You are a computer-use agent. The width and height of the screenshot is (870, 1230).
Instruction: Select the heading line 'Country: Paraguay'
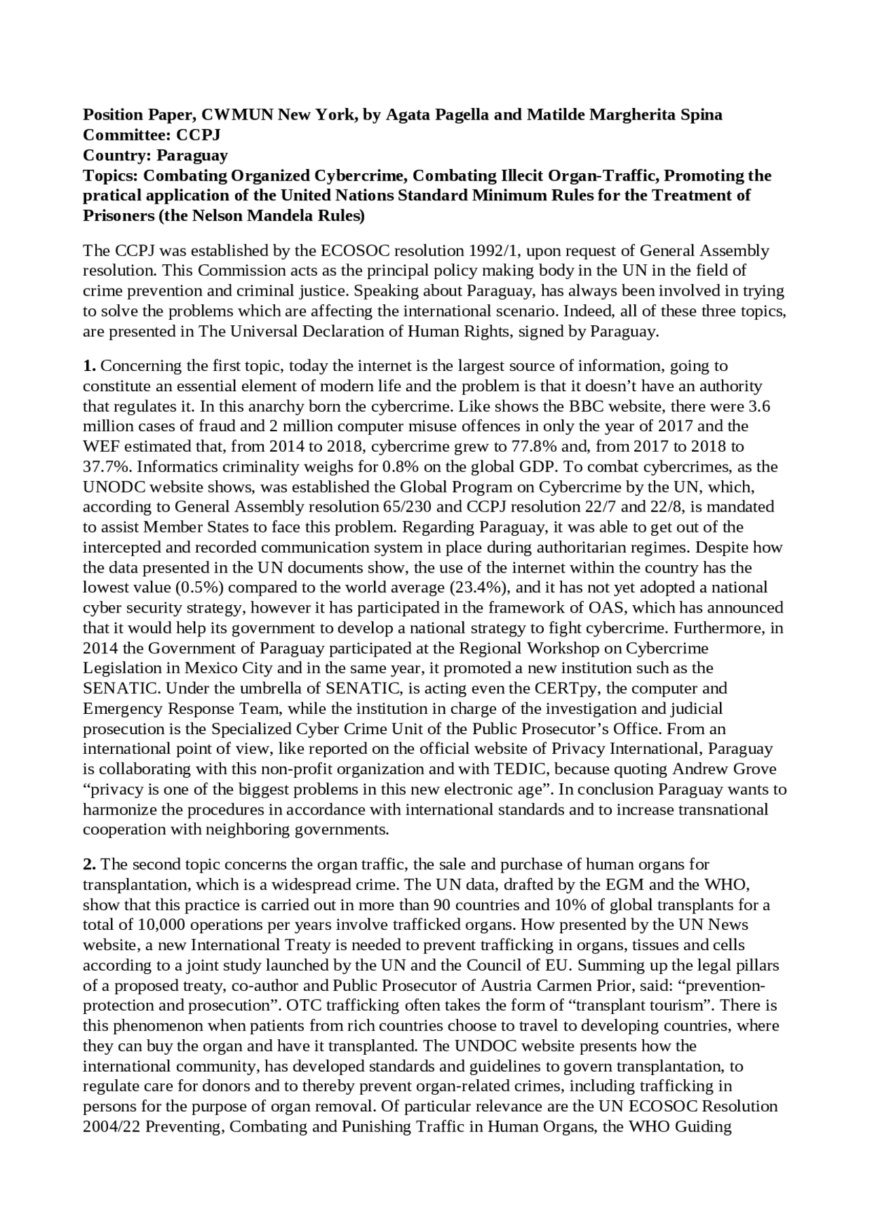[155, 155]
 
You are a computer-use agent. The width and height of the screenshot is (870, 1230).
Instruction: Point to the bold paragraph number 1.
[89, 366]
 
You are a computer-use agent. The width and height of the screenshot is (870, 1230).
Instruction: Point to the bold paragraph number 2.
[89, 865]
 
